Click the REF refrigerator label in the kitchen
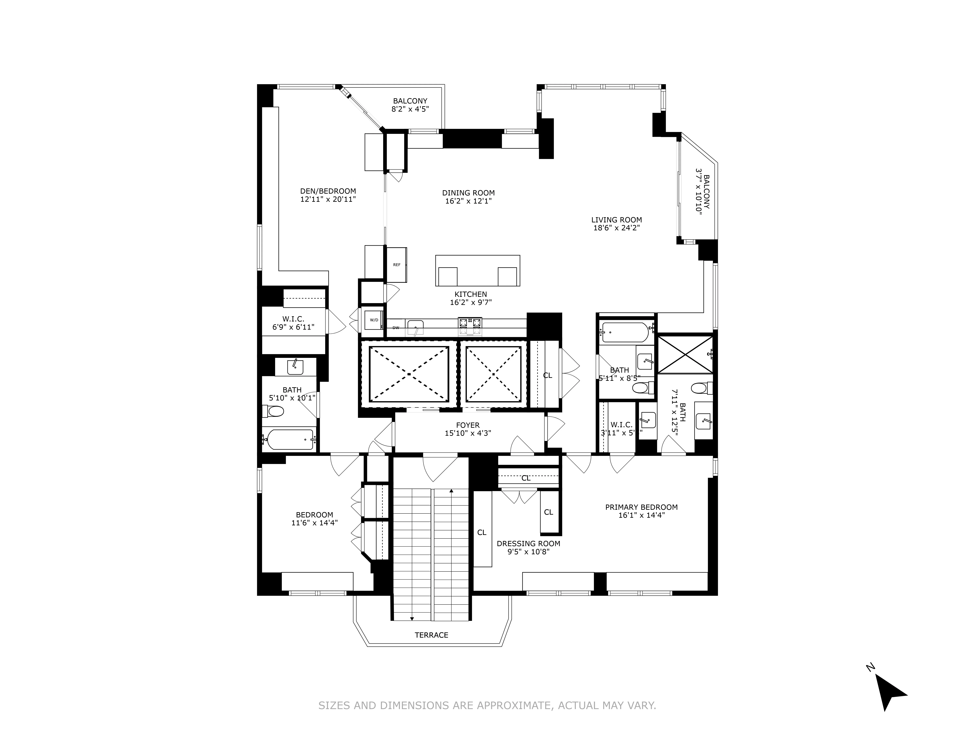point(397,265)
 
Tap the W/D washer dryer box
point(373,320)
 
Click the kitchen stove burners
point(470,327)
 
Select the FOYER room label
point(468,425)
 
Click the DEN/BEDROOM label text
point(328,191)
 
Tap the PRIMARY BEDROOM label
point(641,507)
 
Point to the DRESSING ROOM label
point(528,544)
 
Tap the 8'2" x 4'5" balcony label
point(410,109)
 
